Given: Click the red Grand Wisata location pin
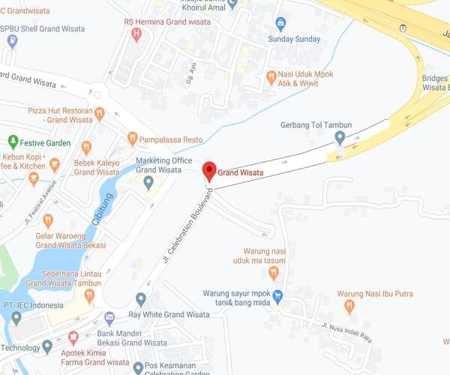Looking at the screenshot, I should (x=209, y=170).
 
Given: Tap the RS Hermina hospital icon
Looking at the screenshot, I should (x=136, y=34).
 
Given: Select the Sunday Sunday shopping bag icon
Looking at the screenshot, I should (x=280, y=23).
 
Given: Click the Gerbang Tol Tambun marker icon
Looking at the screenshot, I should (x=340, y=137).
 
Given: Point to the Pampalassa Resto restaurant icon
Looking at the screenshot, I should (x=133, y=138).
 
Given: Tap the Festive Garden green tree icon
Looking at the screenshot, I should (x=13, y=141).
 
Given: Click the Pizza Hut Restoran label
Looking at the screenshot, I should (x=59, y=115).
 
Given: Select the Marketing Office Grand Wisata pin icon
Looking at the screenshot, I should (x=148, y=181).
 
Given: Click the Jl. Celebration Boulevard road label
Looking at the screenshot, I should (x=187, y=225).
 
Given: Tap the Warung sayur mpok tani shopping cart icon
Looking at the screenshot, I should (x=278, y=295).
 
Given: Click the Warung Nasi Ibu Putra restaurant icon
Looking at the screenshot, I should (x=349, y=305).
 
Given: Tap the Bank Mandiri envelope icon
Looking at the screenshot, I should (x=109, y=317).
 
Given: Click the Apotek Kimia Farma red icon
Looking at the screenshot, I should (x=73, y=337).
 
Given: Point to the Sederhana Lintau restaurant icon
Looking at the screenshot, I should (x=89, y=295).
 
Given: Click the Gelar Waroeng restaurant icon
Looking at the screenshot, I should (x=48, y=220).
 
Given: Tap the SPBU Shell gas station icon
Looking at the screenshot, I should (x=11, y=40).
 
